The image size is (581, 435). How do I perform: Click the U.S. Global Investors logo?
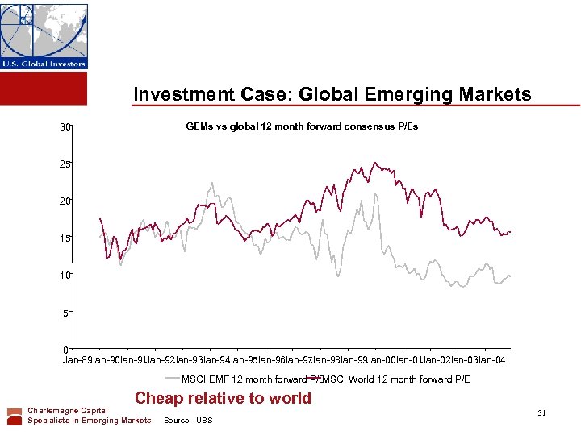[x=44, y=36]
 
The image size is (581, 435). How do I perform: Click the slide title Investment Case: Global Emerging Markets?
[x=332, y=94]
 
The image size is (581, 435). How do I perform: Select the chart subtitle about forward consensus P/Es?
[x=302, y=126]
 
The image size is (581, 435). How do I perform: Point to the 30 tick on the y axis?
[x=64, y=127]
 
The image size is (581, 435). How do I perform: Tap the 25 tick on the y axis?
[x=64, y=164]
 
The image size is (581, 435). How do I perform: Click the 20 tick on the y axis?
[x=64, y=201]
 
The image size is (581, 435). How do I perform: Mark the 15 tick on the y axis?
[x=64, y=238]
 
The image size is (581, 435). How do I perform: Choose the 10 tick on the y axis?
[x=64, y=275]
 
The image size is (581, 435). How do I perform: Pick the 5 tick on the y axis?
[x=66, y=313]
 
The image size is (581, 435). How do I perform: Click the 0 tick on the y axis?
[x=66, y=350]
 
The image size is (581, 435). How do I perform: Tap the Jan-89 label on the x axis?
[x=77, y=360]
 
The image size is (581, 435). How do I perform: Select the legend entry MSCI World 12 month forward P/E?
[x=395, y=379]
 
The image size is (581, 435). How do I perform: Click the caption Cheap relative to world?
[x=223, y=398]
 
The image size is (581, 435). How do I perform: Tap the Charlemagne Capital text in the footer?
[x=68, y=411]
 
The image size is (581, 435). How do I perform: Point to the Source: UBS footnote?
[x=188, y=420]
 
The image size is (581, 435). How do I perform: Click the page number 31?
[x=542, y=413]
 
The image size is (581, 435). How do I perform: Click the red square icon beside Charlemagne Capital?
[x=15, y=416]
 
